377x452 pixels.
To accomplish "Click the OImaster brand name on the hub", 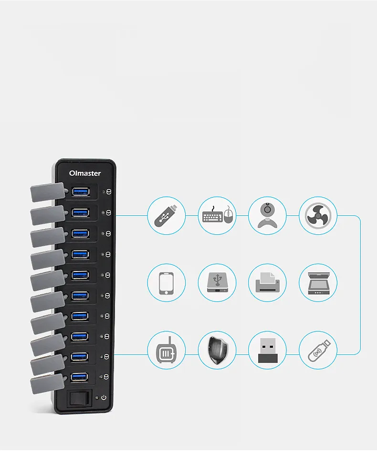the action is coord(85,173).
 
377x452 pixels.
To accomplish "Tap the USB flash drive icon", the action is coord(166,215).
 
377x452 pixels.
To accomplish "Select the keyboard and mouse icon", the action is coord(217,215).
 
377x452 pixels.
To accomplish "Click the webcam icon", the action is coord(267,215).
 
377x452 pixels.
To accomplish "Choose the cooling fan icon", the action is coord(318,216).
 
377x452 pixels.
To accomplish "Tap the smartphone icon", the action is coord(166,282).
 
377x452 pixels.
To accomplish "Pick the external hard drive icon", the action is coord(217,282).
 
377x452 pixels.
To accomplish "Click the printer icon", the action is coord(267,282).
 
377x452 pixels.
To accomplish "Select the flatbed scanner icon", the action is coord(318,282).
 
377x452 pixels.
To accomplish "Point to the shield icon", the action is coord(217,350).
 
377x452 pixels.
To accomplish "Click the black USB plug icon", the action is coord(267,350).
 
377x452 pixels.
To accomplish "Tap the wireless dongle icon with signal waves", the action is coord(318,350).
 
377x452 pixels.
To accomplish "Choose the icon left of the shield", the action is coord(166,350).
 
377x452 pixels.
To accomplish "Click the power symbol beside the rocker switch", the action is coord(104,398).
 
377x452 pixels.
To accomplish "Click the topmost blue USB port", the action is coord(81,191).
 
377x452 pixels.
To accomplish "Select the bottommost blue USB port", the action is coord(79,377).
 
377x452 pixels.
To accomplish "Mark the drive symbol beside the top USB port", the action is coord(108,192).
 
